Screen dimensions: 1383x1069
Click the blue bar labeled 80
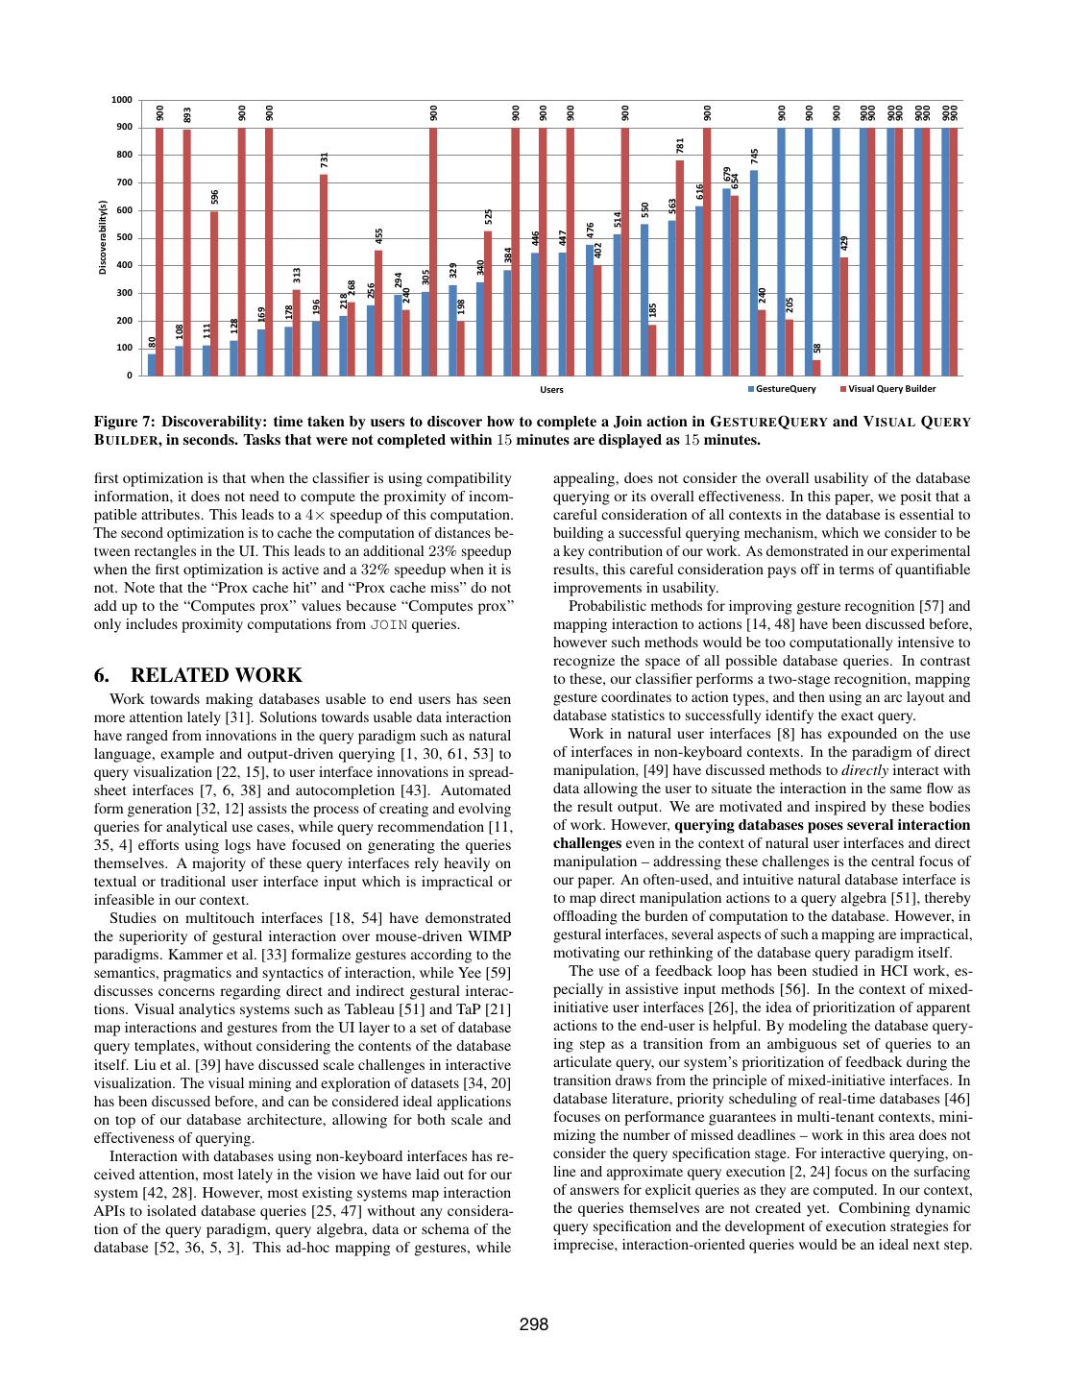coord(152,365)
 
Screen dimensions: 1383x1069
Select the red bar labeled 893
coord(187,253)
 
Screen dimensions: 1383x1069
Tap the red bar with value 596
coord(214,294)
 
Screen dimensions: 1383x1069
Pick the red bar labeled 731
coord(324,275)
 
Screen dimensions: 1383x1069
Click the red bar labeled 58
coord(816,368)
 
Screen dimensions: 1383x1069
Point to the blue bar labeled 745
coord(754,273)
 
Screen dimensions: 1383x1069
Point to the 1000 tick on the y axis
coord(122,100)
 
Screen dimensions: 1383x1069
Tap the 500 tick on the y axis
coord(124,238)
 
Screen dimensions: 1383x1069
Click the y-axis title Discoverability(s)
coord(103,237)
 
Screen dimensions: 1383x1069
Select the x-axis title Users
coord(551,390)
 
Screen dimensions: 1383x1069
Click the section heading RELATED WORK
coord(215,675)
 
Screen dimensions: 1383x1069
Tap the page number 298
coord(534,1324)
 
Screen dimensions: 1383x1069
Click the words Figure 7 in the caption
coord(124,422)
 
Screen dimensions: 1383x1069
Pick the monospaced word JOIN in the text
coord(389,625)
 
